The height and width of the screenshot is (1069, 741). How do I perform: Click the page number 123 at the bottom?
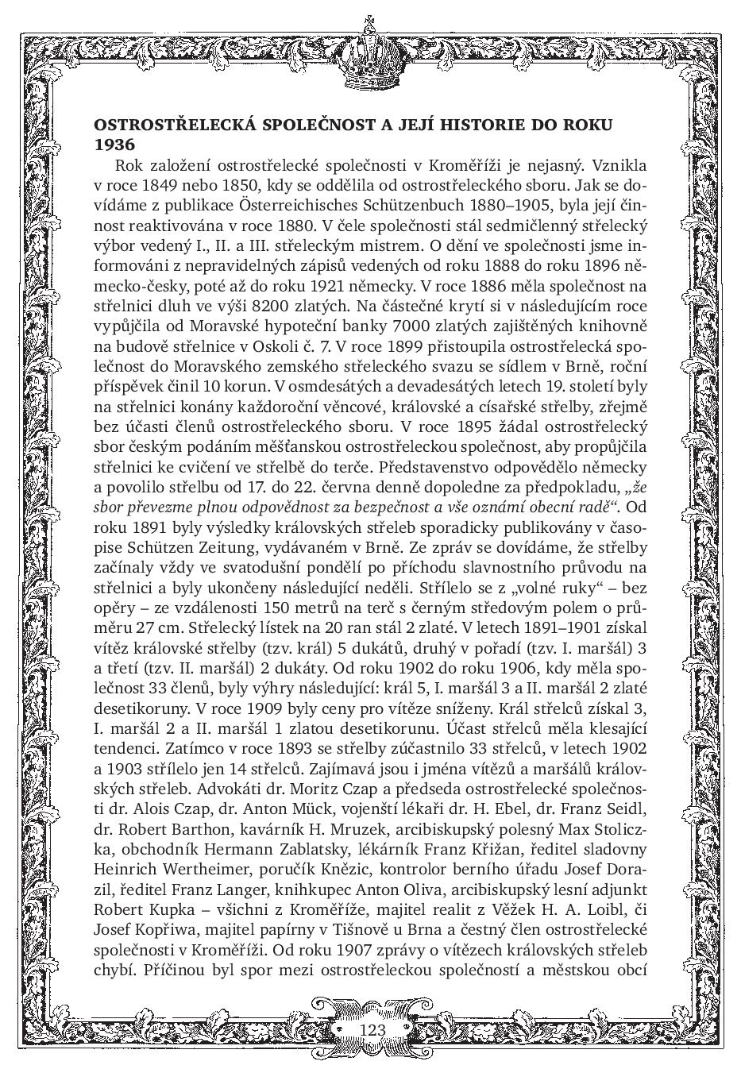point(372,1029)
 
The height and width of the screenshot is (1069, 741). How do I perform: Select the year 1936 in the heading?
point(115,145)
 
